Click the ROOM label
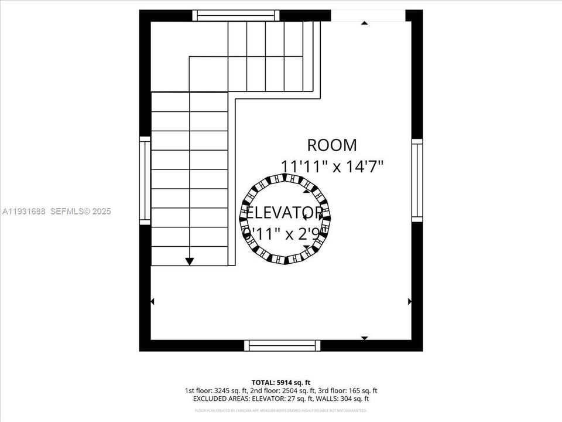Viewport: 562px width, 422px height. coord(331,145)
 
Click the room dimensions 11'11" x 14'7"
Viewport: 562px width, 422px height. coord(331,166)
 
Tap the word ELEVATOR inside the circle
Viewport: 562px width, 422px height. coord(284,212)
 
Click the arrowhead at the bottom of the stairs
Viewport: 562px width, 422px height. coord(189,261)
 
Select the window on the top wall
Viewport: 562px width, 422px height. coord(236,15)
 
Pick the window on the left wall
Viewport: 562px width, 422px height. coord(145,181)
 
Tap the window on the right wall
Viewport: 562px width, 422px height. coord(417,181)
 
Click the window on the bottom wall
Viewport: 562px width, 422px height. coord(283,345)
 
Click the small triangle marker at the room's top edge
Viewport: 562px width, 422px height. coord(364,23)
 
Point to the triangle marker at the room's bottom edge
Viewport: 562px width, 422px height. coord(364,338)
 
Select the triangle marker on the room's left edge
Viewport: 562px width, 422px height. coord(153,301)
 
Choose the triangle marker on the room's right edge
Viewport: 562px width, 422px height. coord(409,301)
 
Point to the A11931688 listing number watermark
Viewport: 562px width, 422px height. coord(23,212)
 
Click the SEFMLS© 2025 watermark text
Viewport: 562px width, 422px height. coord(81,212)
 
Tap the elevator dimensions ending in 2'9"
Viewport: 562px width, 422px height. coord(283,233)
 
